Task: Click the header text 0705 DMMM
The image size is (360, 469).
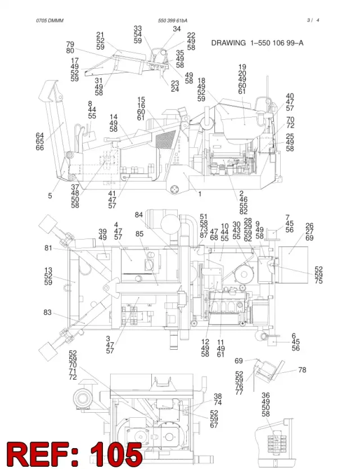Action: (x=49, y=21)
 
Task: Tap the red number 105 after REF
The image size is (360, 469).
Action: (x=116, y=454)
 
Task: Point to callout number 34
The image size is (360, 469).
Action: (x=177, y=29)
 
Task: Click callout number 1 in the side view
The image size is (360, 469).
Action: (x=200, y=194)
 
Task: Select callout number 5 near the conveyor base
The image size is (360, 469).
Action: (x=50, y=196)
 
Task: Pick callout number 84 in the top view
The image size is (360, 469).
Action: (x=138, y=215)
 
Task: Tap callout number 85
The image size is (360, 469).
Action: (x=139, y=233)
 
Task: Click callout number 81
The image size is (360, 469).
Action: (x=48, y=248)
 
